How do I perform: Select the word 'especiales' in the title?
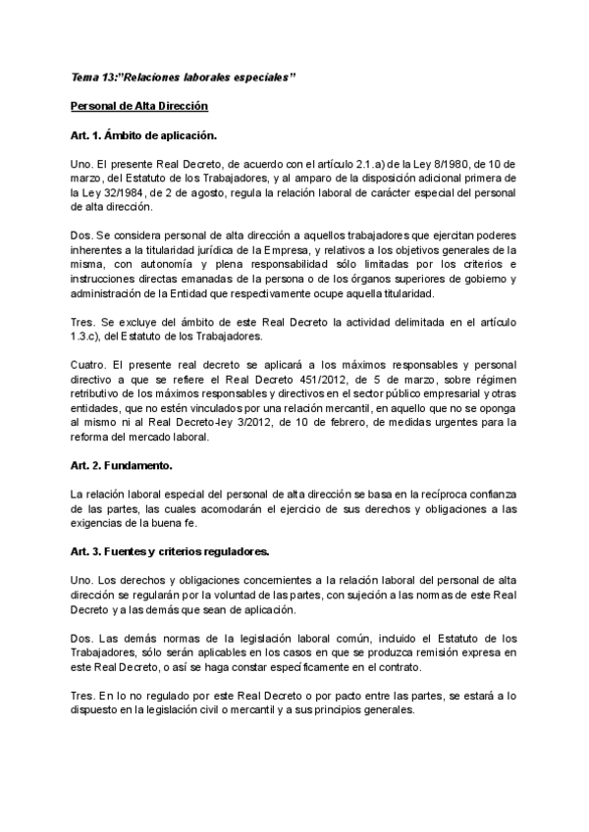pos(258,77)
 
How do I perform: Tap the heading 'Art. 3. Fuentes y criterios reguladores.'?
pos(171,554)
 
